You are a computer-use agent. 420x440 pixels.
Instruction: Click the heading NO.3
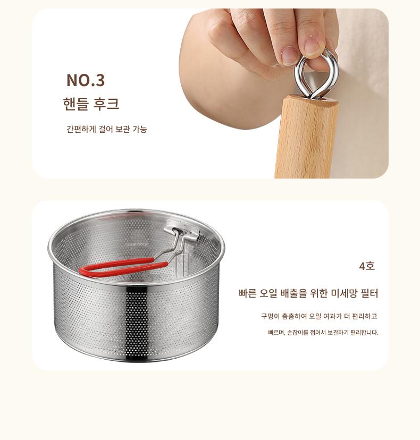click(x=86, y=80)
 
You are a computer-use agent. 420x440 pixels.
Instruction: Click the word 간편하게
click(x=81, y=129)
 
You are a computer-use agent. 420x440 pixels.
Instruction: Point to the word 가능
click(x=139, y=129)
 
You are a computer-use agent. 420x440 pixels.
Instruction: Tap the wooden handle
click(x=307, y=138)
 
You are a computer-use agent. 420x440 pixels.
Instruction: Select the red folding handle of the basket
click(x=123, y=268)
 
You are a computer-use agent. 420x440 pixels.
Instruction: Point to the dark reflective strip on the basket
click(x=136, y=323)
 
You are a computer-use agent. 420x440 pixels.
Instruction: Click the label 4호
click(x=367, y=266)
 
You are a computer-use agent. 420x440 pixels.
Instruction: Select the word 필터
click(x=369, y=293)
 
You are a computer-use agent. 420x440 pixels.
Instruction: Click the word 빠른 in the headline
click(x=247, y=293)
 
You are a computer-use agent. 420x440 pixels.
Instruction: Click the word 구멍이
click(x=271, y=316)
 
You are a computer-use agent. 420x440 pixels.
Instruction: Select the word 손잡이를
click(x=297, y=333)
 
